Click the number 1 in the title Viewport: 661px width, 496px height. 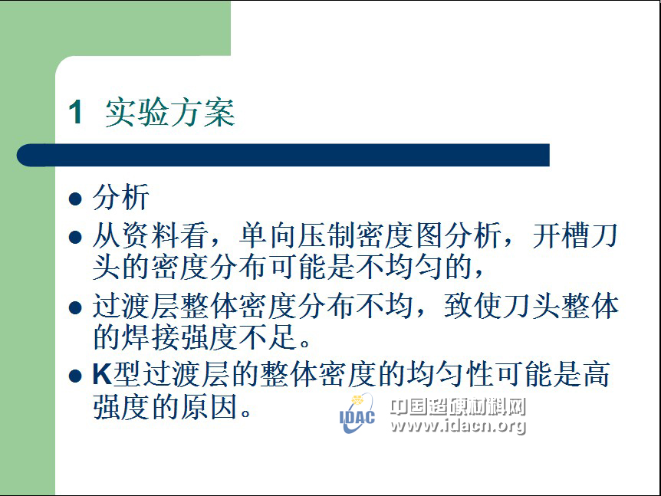[x=75, y=113]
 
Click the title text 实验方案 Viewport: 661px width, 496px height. [x=170, y=113]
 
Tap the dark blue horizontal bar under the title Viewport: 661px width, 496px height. [x=283, y=155]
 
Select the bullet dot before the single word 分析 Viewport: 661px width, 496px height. [x=75, y=199]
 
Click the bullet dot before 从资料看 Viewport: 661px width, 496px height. [x=75, y=237]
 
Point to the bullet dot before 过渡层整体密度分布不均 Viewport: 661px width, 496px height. [x=75, y=307]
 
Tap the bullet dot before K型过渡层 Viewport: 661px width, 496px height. [x=75, y=376]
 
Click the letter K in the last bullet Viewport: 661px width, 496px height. [x=103, y=374]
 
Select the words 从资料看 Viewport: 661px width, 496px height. [x=150, y=235]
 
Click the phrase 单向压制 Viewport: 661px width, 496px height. [x=298, y=235]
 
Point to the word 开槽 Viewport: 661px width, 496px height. [x=561, y=235]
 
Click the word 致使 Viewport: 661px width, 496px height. [x=473, y=306]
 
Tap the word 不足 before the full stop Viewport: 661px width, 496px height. [x=268, y=337]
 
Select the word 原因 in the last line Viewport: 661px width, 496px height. [x=209, y=406]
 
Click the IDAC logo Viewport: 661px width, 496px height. [x=357, y=413]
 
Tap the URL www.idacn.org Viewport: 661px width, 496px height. [x=459, y=425]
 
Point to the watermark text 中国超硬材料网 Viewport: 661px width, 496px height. [x=459, y=406]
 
